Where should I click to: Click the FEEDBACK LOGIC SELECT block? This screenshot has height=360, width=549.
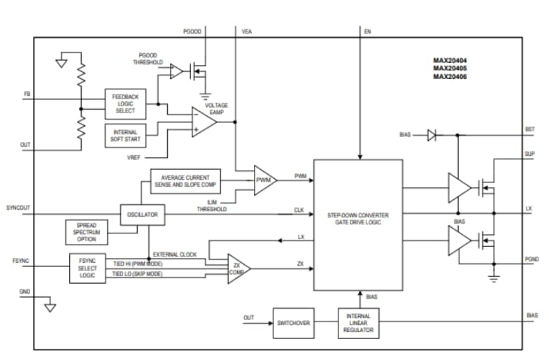click(x=125, y=103)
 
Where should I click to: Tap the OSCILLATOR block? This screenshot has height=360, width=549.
click(x=143, y=215)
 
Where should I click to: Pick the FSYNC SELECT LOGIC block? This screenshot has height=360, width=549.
click(x=88, y=268)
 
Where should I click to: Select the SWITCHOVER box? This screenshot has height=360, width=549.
click(x=293, y=323)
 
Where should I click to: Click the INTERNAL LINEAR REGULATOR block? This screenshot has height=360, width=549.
click(x=358, y=323)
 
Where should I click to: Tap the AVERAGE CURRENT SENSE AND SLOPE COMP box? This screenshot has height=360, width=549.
click(x=185, y=180)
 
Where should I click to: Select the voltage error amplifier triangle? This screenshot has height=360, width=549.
click(x=203, y=121)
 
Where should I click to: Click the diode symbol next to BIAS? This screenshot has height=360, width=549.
click(x=432, y=136)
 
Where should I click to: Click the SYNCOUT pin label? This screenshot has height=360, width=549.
click(x=18, y=208)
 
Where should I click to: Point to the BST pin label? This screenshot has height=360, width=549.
click(x=529, y=129)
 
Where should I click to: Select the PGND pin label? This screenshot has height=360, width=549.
click(x=531, y=258)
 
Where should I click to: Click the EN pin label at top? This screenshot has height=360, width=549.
click(x=368, y=31)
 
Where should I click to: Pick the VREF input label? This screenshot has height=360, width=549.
click(x=134, y=157)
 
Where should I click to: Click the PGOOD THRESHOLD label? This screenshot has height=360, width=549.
click(x=148, y=58)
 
